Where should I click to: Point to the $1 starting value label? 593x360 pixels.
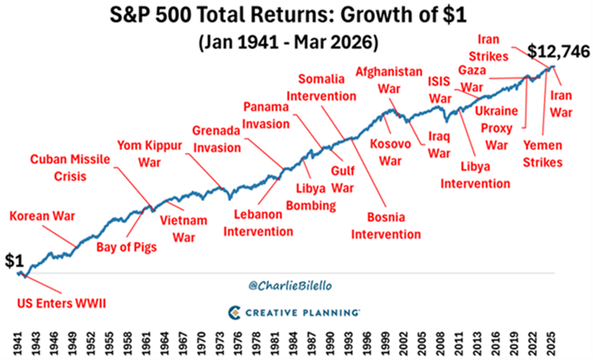14,261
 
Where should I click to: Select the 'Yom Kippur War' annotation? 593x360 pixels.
149,152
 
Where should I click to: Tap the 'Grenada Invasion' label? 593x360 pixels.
217,138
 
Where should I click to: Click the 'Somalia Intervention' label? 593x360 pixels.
327,87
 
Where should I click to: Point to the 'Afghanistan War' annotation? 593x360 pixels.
388,80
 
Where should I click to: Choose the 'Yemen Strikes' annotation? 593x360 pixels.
542,154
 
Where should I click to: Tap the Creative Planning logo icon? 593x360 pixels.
235,313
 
